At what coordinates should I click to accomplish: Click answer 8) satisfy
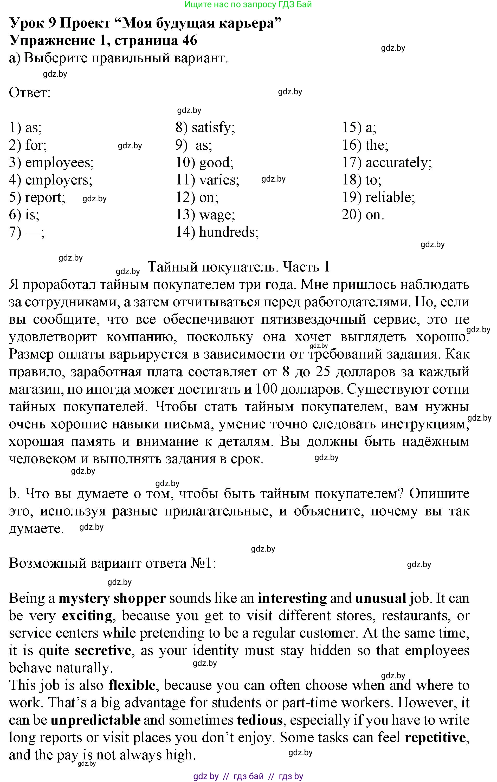pos(205,127)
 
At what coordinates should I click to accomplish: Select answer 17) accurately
pos(387,162)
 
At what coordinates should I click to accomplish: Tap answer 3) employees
pos(51,162)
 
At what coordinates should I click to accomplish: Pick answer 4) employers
pos(50,180)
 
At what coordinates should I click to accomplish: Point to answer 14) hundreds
pos(217,232)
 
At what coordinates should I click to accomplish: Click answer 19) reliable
pos(378,197)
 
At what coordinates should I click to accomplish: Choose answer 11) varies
pos(207,180)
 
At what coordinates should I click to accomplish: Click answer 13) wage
pos(205,215)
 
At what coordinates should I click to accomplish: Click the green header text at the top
pos(248,5)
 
